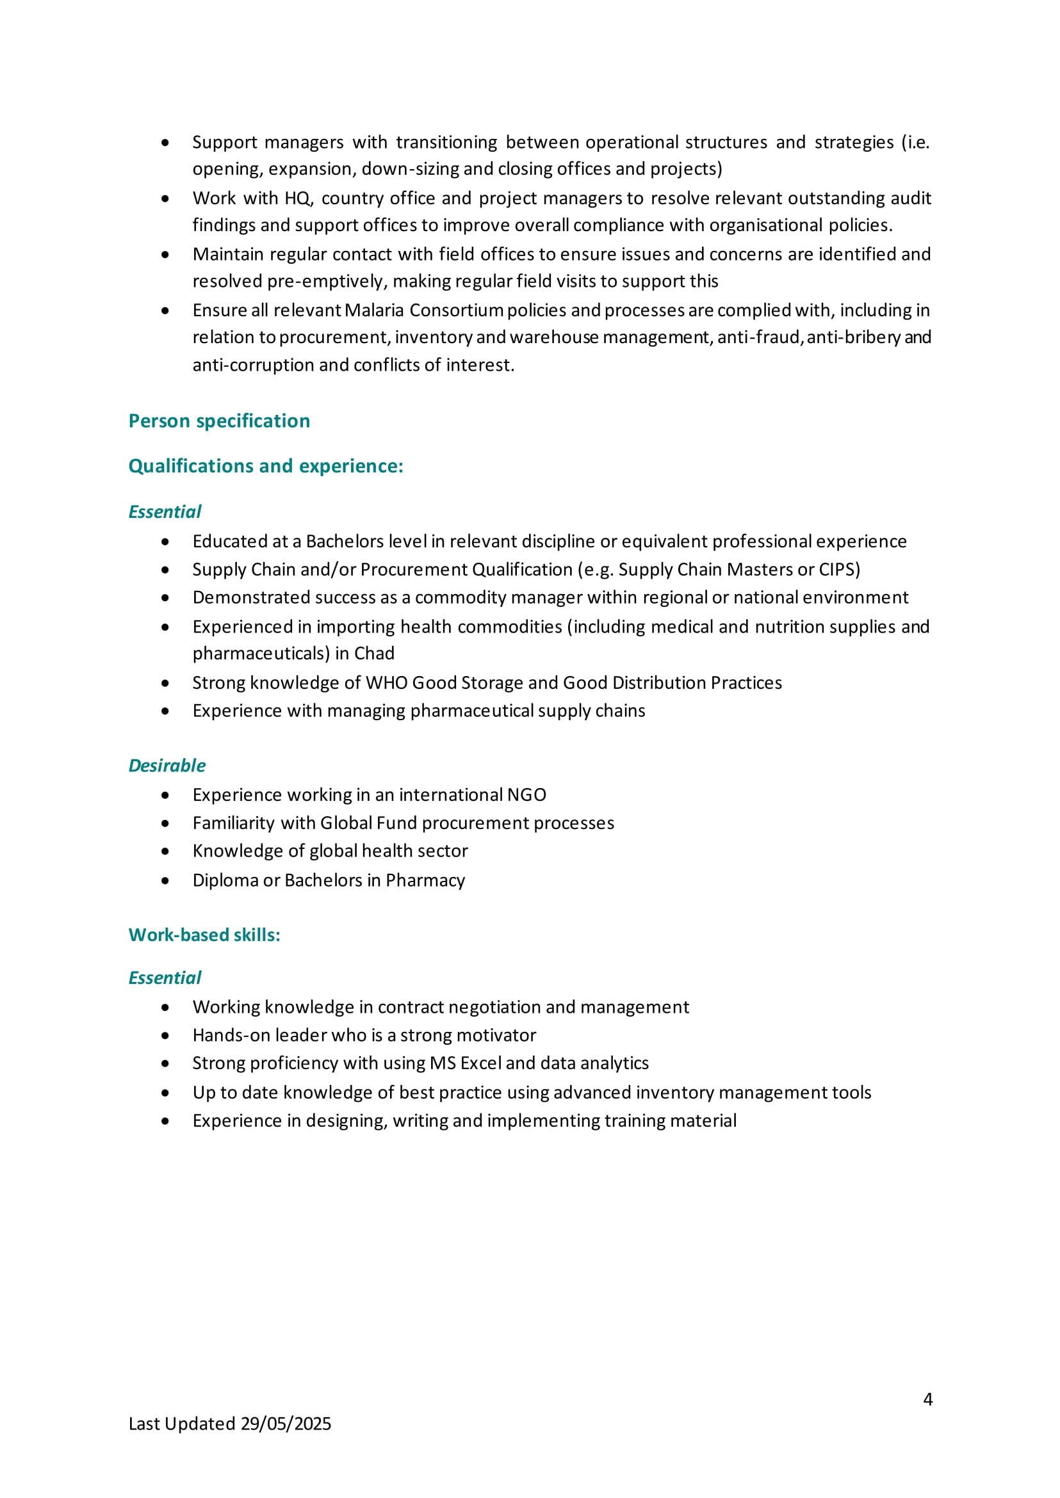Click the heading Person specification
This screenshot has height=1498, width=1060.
(219, 421)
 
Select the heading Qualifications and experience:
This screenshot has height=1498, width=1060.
(266, 466)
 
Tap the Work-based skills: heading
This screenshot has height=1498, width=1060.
(204, 935)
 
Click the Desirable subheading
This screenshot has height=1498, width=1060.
(167, 765)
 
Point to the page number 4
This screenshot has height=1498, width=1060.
(927, 1399)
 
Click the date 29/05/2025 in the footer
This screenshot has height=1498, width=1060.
(286, 1424)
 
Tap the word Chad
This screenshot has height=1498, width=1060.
(374, 653)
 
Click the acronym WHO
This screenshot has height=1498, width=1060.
(386, 682)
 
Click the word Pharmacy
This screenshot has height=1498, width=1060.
(425, 880)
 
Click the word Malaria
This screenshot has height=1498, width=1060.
(374, 310)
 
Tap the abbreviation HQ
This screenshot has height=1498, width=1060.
(298, 198)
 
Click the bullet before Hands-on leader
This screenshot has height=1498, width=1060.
(165, 1035)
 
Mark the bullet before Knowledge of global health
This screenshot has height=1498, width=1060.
(165, 851)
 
